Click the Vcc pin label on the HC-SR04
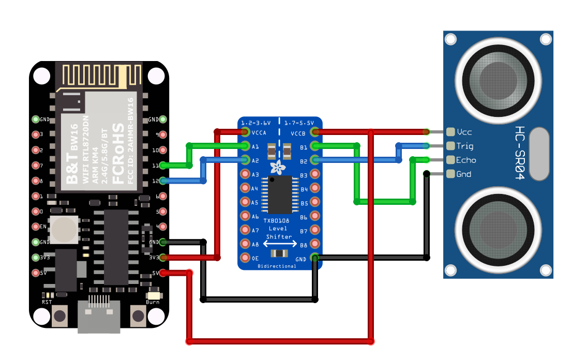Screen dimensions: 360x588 tap(464, 132)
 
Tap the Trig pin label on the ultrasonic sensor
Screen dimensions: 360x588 tap(464, 146)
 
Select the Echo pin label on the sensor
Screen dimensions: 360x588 tap(466, 160)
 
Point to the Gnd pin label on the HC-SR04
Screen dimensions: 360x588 tap(463, 174)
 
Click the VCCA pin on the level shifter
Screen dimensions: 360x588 tap(246, 132)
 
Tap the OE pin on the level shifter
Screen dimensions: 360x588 tap(246, 258)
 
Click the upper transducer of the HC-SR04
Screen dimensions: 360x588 tap(497, 79)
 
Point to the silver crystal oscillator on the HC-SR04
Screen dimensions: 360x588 tap(539, 154)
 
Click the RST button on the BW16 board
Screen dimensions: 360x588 tap(60, 316)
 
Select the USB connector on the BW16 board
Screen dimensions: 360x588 tap(98, 314)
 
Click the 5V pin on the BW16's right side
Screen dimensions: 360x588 tap(163, 273)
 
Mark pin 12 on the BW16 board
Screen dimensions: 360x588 tap(163, 181)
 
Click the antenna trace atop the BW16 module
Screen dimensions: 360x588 tap(99, 74)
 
